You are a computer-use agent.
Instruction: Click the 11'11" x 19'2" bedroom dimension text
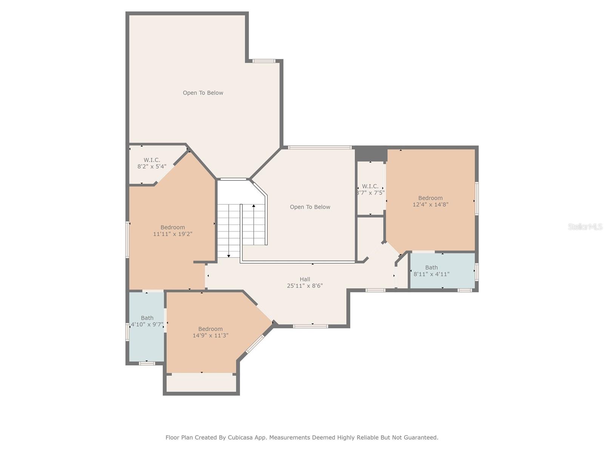pyautogui.click(x=173, y=234)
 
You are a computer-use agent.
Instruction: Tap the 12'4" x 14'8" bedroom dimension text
pyautogui.click(x=430, y=205)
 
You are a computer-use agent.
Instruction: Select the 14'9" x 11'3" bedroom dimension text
pyautogui.click(x=211, y=336)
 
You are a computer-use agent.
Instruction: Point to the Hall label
pyautogui.click(x=305, y=279)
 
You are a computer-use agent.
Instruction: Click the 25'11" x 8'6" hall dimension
pyautogui.click(x=305, y=286)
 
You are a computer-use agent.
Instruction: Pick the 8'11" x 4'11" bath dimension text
pyautogui.click(x=431, y=274)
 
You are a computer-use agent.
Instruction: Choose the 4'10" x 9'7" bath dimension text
pyautogui.click(x=147, y=325)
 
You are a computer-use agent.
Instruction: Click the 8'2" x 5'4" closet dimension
pyautogui.click(x=152, y=166)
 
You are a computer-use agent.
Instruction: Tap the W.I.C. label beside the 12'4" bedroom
pyautogui.click(x=370, y=186)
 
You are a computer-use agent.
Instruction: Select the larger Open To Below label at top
pyautogui.click(x=203, y=93)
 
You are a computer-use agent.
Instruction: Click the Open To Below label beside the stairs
pyautogui.click(x=310, y=207)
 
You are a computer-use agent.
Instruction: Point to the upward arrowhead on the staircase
pyautogui.click(x=254, y=206)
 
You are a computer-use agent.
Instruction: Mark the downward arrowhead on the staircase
pyautogui.click(x=229, y=256)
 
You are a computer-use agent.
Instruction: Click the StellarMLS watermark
pyautogui.click(x=585, y=226)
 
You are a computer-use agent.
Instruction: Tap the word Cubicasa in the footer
pyautogui.click(x=240, y=437)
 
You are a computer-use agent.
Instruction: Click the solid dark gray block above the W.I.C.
pyautogui.click(x=370, y=154)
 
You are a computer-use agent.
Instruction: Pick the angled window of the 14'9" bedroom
pyautogui.click(x=255, y=344)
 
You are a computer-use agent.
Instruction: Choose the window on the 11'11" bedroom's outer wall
pyautogui.click(x=127, y=240)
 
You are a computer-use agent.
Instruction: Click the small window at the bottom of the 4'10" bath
pyautogui.click(x=147, y=364)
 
